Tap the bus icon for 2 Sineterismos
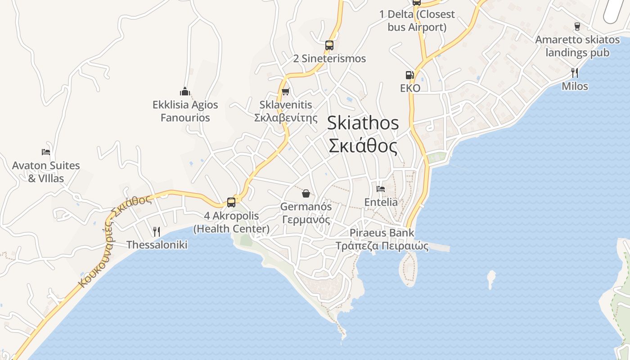point(329,45)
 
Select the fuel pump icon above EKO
point(409,75)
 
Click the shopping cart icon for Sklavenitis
point(285,92)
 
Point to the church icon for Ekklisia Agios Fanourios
point(185,92)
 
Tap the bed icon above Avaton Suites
point(46,152)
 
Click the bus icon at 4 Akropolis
point(231,202)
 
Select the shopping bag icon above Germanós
point(306,193)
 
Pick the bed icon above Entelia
point(381,189)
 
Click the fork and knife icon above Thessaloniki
point(157,232)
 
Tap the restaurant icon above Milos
point(575,73)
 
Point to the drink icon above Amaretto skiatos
point(577,27)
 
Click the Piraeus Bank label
point(382,233)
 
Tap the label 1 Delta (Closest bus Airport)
point(417,21)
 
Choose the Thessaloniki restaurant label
point(157,245)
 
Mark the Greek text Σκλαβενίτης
point(283,118)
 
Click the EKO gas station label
point(410,88)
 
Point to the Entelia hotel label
point(381,202)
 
